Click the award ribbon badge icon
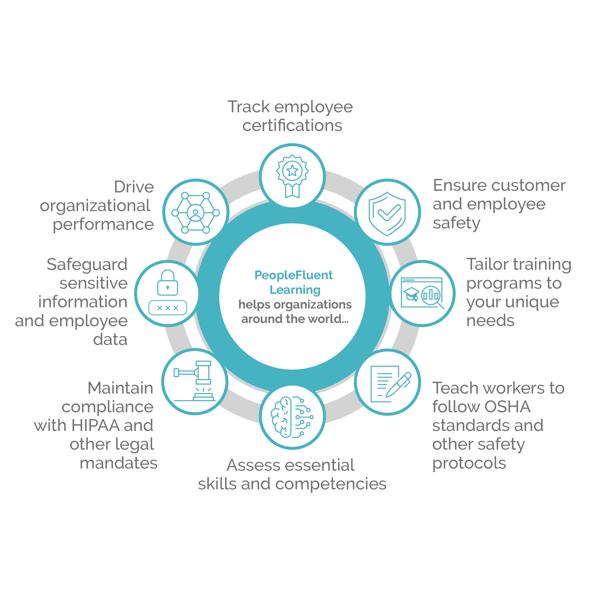(x=292, y=176)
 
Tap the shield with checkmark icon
(x=387, y=213)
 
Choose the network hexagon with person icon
(x=196, y=213)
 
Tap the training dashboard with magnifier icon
(x=422, y=293)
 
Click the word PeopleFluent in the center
(x=293, y=275)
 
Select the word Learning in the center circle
(x=295, y=290)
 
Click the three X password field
(x=167, y=308)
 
